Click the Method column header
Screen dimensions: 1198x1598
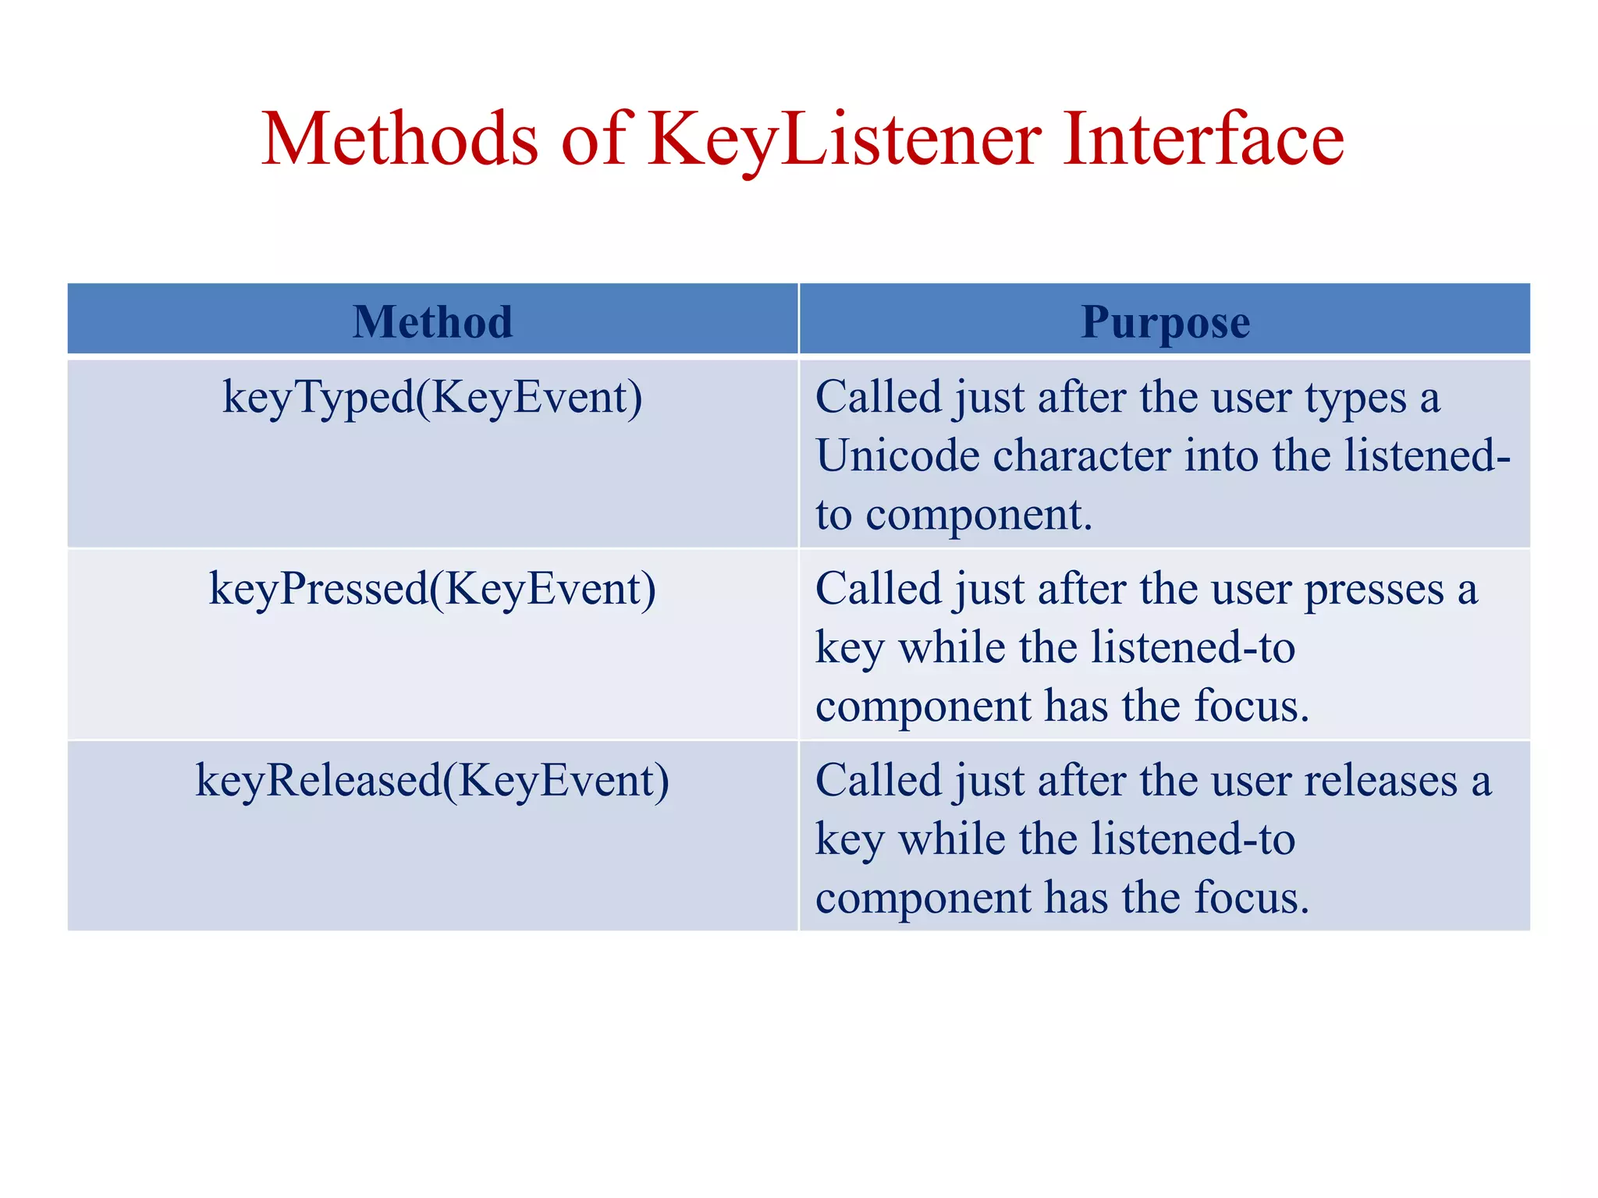pyautogui.click(x=432, y=321)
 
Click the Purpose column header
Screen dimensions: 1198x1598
pyautogui.click(x=1165, y=321)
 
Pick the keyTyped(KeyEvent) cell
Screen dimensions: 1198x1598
pyautogui.click(x=432, y=398)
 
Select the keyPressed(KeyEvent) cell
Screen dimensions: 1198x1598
pyautogui.click(x=432, y=589)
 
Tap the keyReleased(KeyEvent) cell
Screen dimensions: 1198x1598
pyautogui.click(x=432, y=781)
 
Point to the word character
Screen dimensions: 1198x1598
pyautogui.click(x=1081, y=455)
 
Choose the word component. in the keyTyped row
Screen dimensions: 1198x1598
pyautogui.click(x=978, y=515)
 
